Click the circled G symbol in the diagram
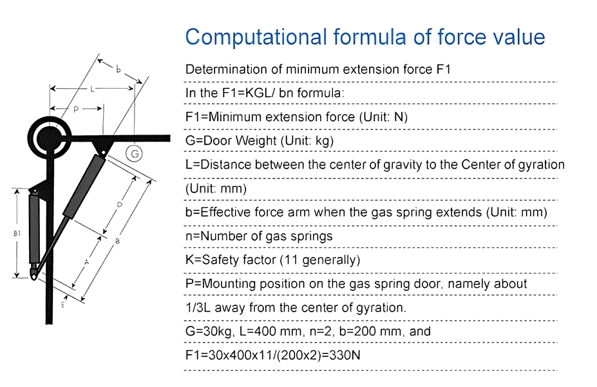[134, 153]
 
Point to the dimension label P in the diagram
[76, 110]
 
